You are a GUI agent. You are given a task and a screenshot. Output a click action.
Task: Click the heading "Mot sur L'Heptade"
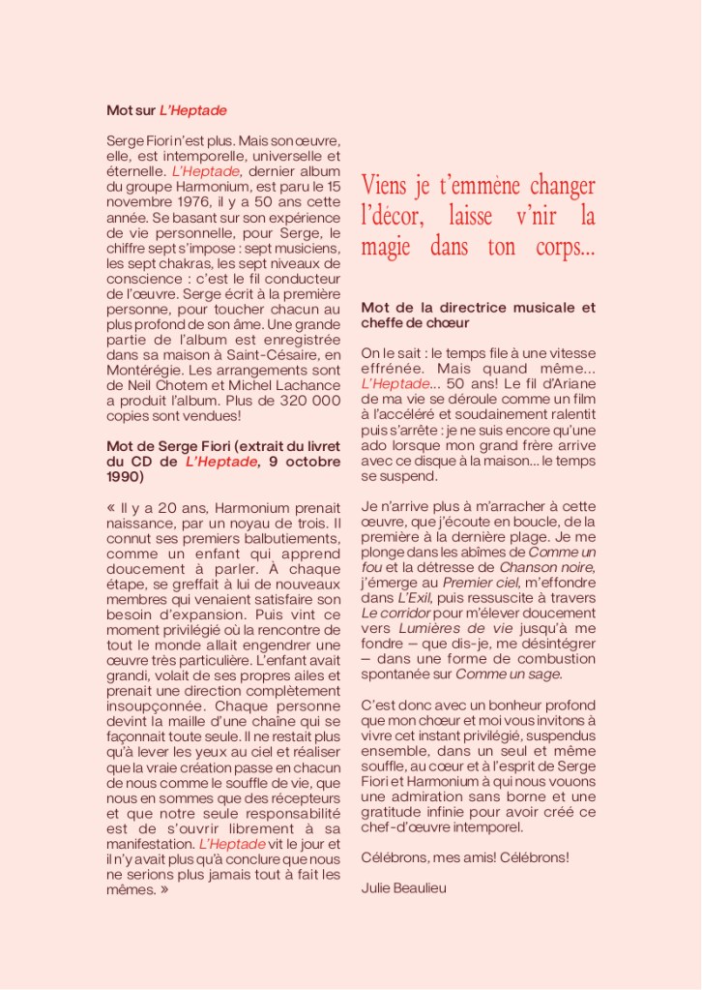click(166, 110)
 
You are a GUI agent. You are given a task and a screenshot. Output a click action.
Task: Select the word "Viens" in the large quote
click(383, 184)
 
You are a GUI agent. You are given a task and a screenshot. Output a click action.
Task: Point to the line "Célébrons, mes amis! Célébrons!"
click(465, 856)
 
